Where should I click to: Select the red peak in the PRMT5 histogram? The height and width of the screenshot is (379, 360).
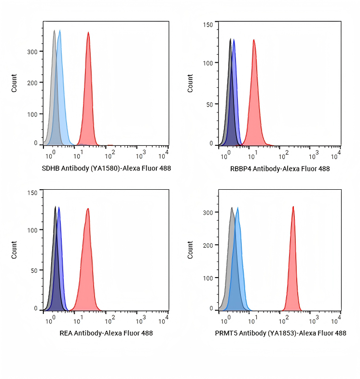click(x=293, y=261)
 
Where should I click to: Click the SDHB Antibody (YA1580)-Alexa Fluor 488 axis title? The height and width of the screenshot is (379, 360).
click(x=106, y=168)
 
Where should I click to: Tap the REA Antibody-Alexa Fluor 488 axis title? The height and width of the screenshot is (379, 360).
click(x=106, y=333)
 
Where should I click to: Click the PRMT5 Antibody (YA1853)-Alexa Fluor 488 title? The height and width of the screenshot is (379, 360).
click(x=280, y=333)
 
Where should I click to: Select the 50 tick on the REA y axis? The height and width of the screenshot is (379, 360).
click(x=33, y=270)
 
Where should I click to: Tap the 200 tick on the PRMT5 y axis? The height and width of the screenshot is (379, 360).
click(x=208, y=245)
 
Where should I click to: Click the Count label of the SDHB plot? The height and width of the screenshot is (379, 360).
click(x=14, y=83)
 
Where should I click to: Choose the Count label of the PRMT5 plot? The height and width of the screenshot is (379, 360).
click(x=190, y=250)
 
